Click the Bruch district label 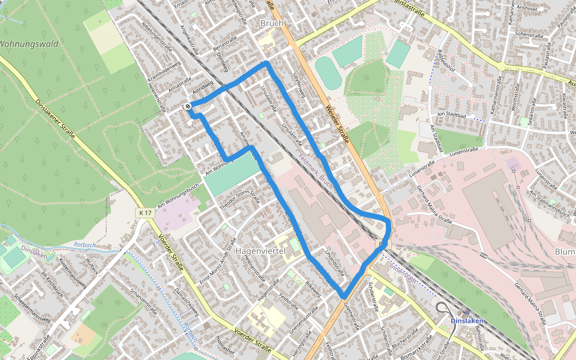(272, 23)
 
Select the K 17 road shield (144, 213)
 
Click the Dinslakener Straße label (55, 119)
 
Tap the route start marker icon (188, 106)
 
